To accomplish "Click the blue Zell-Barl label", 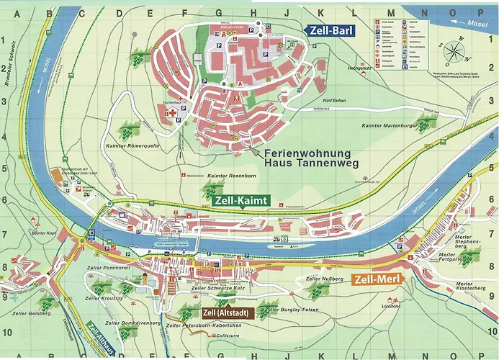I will (x=330, y=30).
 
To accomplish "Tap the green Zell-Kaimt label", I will (x=241, y=200).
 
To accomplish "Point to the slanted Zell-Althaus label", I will (x=100, y=339).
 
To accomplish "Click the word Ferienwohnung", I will (x=307, y=154).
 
